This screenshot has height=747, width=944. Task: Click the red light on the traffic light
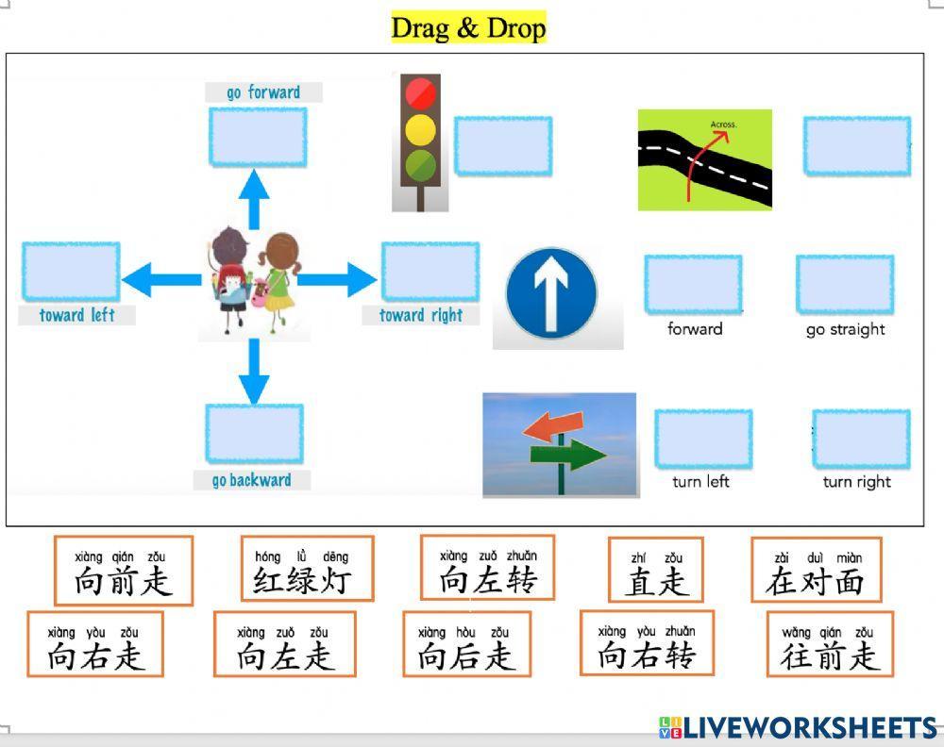420,93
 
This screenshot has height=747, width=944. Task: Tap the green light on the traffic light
420,165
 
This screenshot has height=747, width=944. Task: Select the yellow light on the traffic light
420,130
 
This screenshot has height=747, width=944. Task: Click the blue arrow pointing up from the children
254,199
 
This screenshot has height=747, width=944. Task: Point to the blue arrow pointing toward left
161,280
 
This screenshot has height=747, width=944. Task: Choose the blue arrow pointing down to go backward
254,371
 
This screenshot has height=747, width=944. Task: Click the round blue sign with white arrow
551,294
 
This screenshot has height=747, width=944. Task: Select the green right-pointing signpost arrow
567,454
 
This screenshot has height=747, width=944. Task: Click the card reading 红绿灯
307,569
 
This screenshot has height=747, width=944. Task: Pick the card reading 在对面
817,570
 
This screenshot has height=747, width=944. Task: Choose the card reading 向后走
466,644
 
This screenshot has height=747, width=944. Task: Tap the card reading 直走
656,570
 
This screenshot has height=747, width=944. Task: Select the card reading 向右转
647,643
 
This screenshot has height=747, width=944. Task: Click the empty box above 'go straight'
845,285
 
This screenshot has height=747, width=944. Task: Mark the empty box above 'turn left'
703,440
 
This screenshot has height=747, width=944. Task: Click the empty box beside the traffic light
503,146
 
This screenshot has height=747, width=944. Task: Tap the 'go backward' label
252,480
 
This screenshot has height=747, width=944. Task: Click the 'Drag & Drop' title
468,27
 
